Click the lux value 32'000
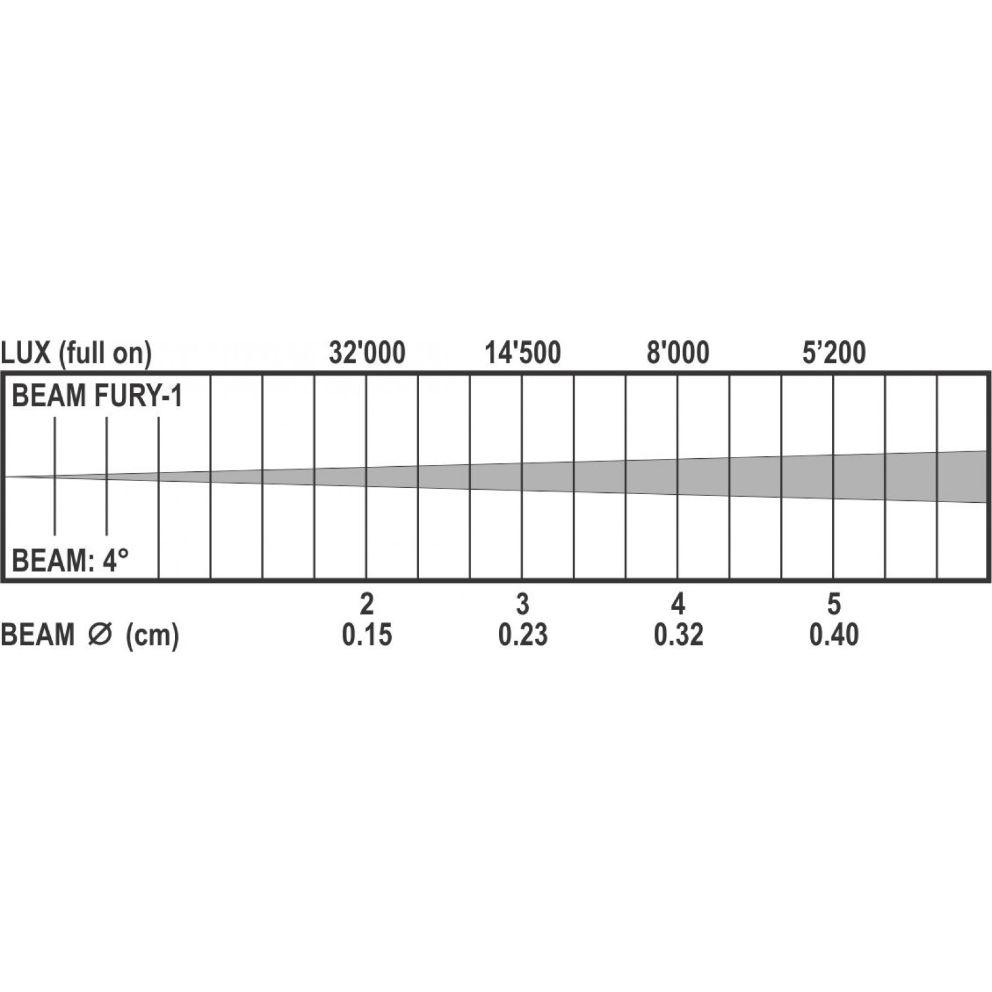coord(367,353)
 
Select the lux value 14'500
coord(523,353)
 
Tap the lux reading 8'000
coord(678,353)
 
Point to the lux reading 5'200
coord(834,353)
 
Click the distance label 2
coord(367,603)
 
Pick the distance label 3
coord(523,603)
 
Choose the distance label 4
coord(678,603)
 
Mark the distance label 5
coord(834,603)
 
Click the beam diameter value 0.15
coord(367,635)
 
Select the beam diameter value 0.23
coord(523,635)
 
